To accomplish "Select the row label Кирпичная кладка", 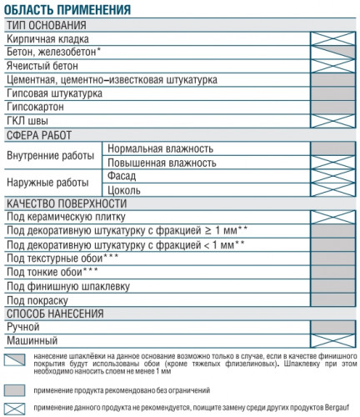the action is [x=47, y=38].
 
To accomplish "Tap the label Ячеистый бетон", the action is [x=42, y=65].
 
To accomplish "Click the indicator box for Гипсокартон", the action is [x=333, y=108].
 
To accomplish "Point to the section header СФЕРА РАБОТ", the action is [x=39, y=134].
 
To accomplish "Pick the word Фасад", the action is [x=122, y=176].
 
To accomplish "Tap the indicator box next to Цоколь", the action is [x=333, y=190].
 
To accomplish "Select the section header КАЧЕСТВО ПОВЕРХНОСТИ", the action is [x=66, y=203].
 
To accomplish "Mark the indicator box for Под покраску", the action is [x=333, y=299].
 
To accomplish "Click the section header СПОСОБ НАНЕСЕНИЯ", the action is [x=55, y=314].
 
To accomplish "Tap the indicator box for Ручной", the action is [x=333, y=327].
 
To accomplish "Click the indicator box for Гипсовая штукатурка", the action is [x=333, y=93].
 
